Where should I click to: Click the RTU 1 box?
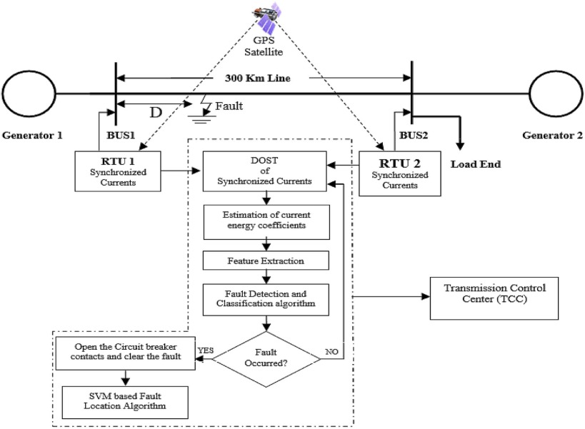click(x=118, y=171)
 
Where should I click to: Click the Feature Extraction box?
click(x=266, y=261)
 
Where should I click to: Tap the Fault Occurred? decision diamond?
click(x=266, y=358)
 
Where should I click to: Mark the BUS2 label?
click(x=411, y=133)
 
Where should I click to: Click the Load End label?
click(x=475, y=163)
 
